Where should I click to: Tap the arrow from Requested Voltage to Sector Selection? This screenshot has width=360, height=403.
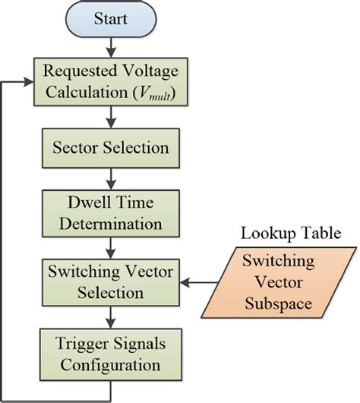click(x=112, y=116)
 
